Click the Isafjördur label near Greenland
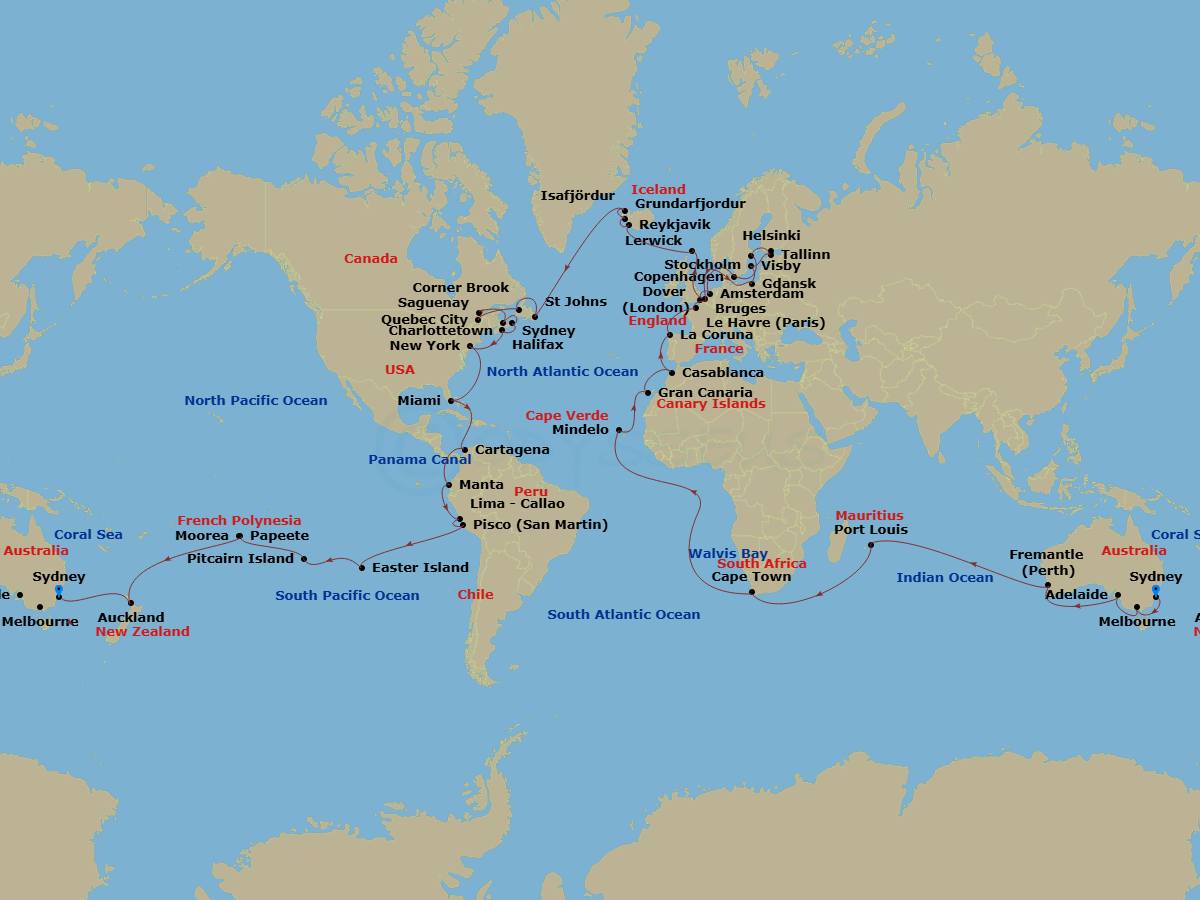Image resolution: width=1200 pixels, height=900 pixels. [578, 196]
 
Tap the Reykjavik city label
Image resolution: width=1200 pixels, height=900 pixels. [674, 225]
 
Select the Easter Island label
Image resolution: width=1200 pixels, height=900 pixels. [420, 567]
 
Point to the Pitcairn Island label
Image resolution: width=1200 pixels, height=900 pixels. [240, 558]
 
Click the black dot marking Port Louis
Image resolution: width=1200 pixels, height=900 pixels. [871, 545]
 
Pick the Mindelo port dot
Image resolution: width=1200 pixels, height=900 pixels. [619, 430]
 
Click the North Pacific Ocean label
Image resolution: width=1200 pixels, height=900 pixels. [255, 400]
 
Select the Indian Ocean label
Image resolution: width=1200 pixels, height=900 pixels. [944, 577]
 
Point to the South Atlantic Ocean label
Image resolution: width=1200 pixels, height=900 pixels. [623, 614]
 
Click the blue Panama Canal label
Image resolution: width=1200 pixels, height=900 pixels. [419, 459]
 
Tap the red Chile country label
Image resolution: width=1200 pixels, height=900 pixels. [475, 594]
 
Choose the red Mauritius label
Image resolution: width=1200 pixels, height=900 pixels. [869, 516]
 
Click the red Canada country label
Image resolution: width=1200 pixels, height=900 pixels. [370, 258]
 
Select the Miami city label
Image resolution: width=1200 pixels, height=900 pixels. [418, 400]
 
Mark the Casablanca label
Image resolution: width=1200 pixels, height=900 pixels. [722, 372]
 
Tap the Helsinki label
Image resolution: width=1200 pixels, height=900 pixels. [771, 236]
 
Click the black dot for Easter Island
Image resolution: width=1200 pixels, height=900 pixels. [362, 568]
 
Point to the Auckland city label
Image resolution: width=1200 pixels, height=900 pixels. [131, 617]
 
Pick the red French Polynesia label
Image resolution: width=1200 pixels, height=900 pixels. [239, 520]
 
